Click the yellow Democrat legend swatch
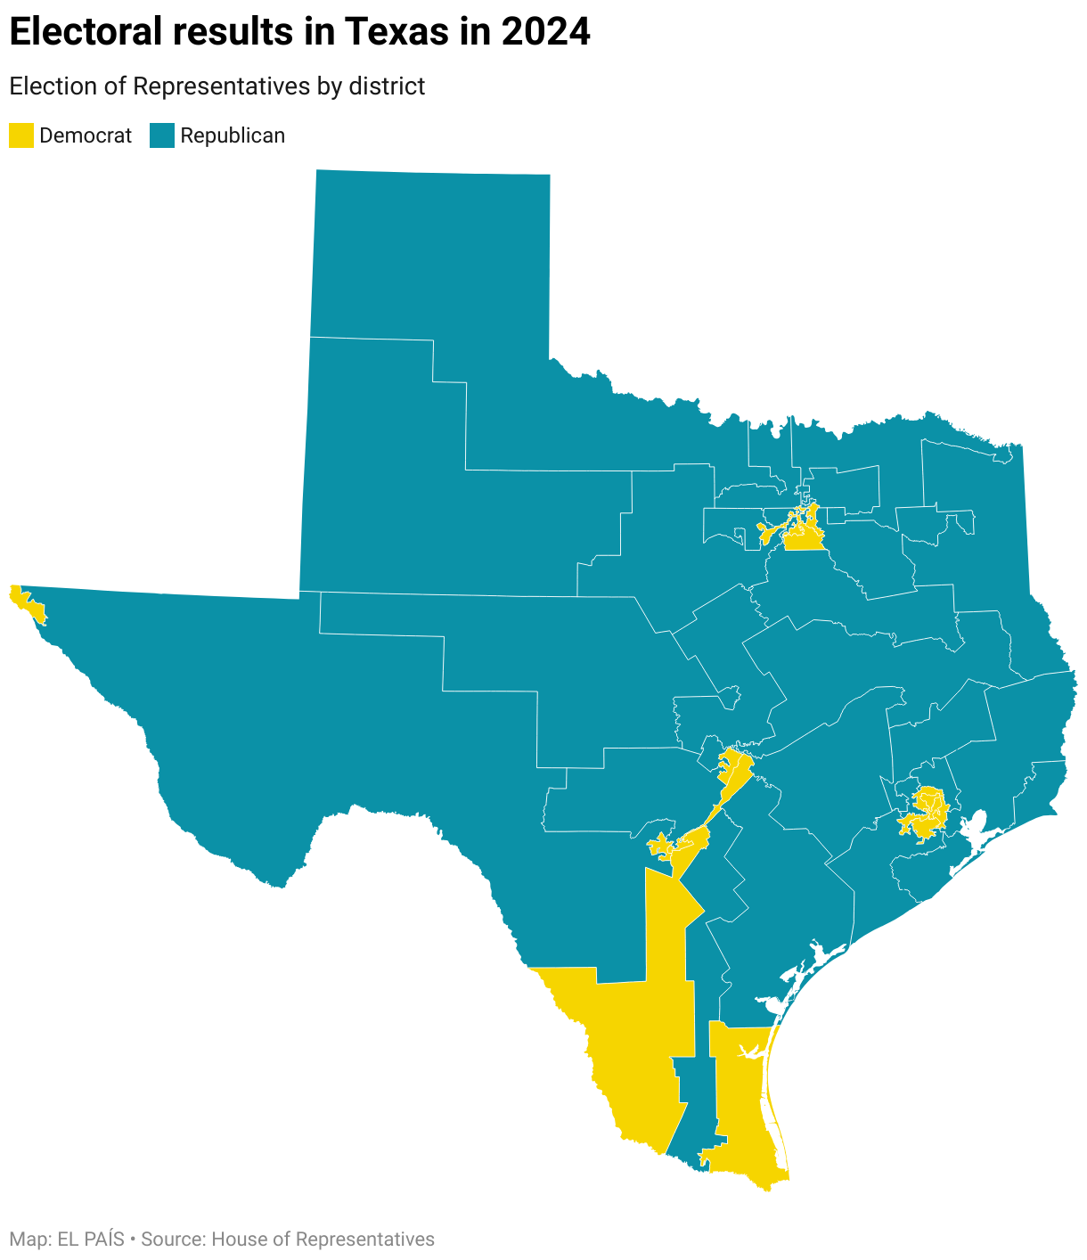click(20, 135)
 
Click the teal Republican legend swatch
click(161, 135)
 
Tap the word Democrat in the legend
click(86, 135)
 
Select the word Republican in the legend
click(233, 135)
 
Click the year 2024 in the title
click(545, 33)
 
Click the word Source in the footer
click(171, 1240)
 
